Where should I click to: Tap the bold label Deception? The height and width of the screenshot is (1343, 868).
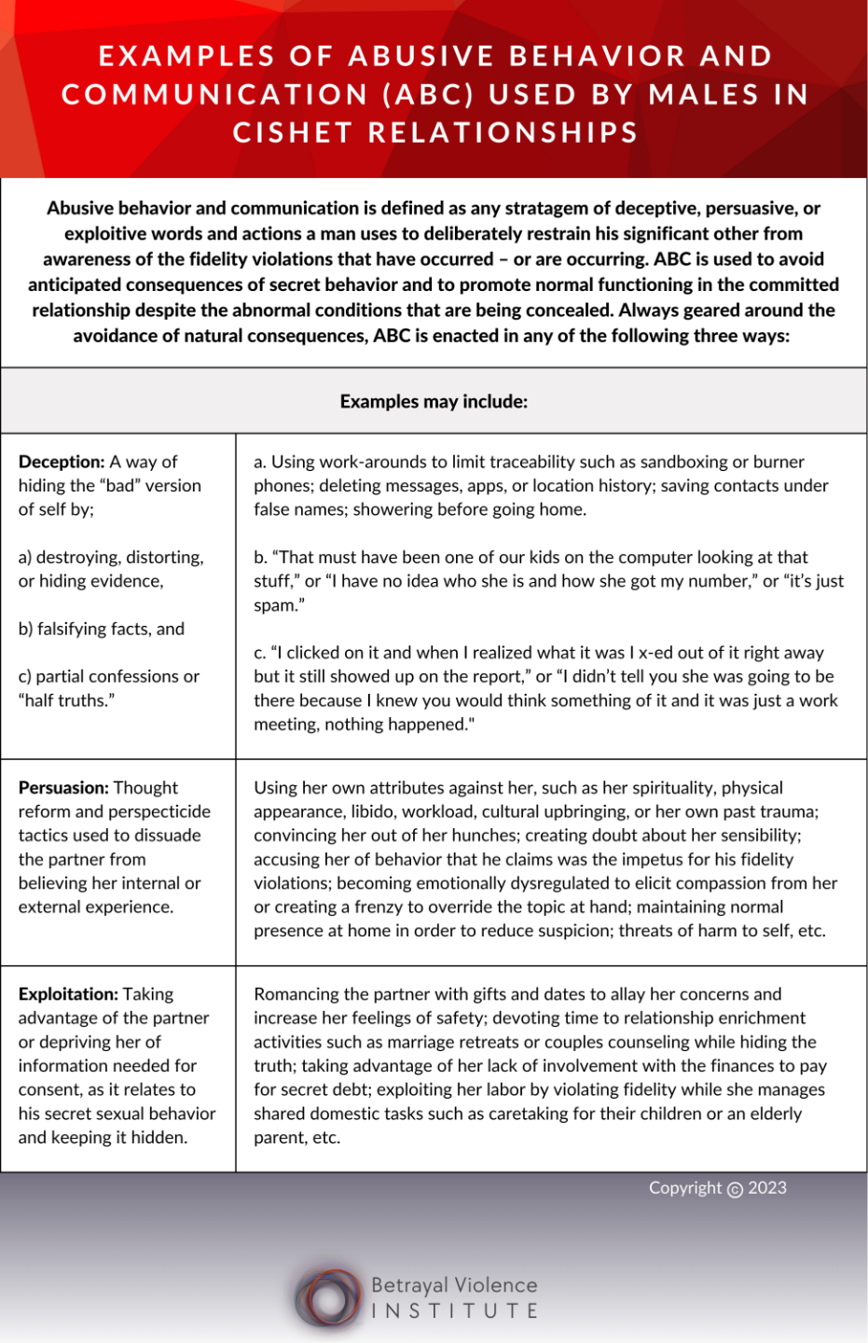click(62, 462)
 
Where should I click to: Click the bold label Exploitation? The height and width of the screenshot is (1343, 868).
click(68, 994)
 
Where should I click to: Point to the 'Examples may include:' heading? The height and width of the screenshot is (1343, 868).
click(434, 402)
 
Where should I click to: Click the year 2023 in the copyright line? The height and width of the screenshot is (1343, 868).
click(767, 1188)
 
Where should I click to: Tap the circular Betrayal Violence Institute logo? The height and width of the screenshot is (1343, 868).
click(328, 1297)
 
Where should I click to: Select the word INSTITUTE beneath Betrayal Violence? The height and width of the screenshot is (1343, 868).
click(454, 1311)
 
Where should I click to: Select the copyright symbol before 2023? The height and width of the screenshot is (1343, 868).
click(735, 1189)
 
